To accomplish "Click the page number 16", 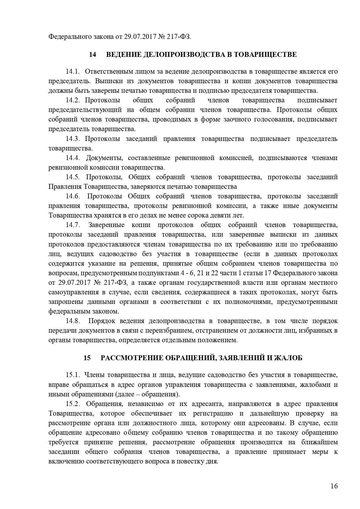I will pyautogui.click(x=334, y=486).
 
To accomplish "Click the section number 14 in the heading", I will pyautogui.click(x=93, y=55).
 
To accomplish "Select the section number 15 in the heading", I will pyautogui.click(x=87, y=358).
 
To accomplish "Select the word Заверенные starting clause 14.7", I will pyautogui.click(x=106, y=225).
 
